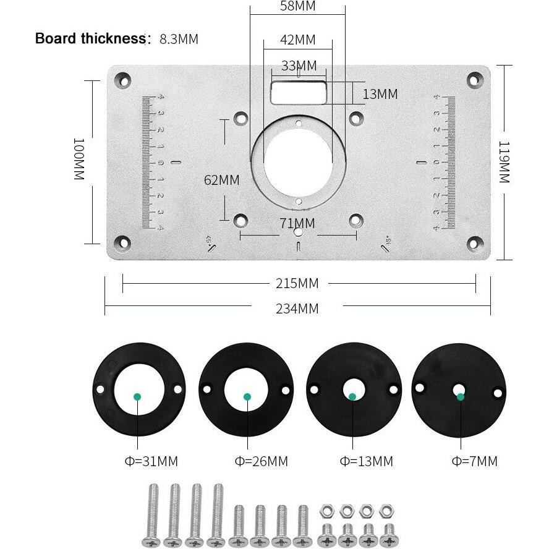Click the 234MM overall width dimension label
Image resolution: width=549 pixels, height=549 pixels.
pyautogui.click(x=297, y=309)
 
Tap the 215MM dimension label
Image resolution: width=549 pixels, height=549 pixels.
pyautogui.click(x=297, y=283)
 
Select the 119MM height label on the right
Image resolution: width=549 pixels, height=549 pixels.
pyautogui.click(x=504, y=162)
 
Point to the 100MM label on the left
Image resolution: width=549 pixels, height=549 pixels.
pyautogui.click(x=79, y=159)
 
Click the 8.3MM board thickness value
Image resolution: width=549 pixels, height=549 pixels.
pyautogui.click(x=179, y=39)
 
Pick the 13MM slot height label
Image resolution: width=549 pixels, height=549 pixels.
pyautogui.click(x=380, y=94)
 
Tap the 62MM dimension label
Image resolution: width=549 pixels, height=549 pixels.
pyautogui.click(x=221, y=180)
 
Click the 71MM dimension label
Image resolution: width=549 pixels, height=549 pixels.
pyautogui.click(x=297, y=223)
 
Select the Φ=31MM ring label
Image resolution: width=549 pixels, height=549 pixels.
pyautogui.click(x=151, y=461)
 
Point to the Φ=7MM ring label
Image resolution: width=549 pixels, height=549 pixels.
pyautogui.click(x=474, y=461)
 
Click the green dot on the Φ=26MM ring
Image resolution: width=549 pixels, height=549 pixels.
pyautogui.click(x=247, y=397)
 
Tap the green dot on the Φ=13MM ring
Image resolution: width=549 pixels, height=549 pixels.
pyautogui.click(x=352, y=397)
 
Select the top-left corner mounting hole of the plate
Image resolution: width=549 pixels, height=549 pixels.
pyautogui.click(x=123, y=80)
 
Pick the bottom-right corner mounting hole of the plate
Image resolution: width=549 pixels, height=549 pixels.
pyautogui.click(x=475, y=242)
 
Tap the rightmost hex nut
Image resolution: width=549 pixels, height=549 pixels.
pyautogui.click(x=386, y=511)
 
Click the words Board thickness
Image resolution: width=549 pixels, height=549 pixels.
pyautogui.click(x=90, y=38)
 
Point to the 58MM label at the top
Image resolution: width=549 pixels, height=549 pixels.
pyautogui.click(x=297, y=6)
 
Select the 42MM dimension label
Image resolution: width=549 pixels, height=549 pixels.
pyautogui.click(x=297, y=40)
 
